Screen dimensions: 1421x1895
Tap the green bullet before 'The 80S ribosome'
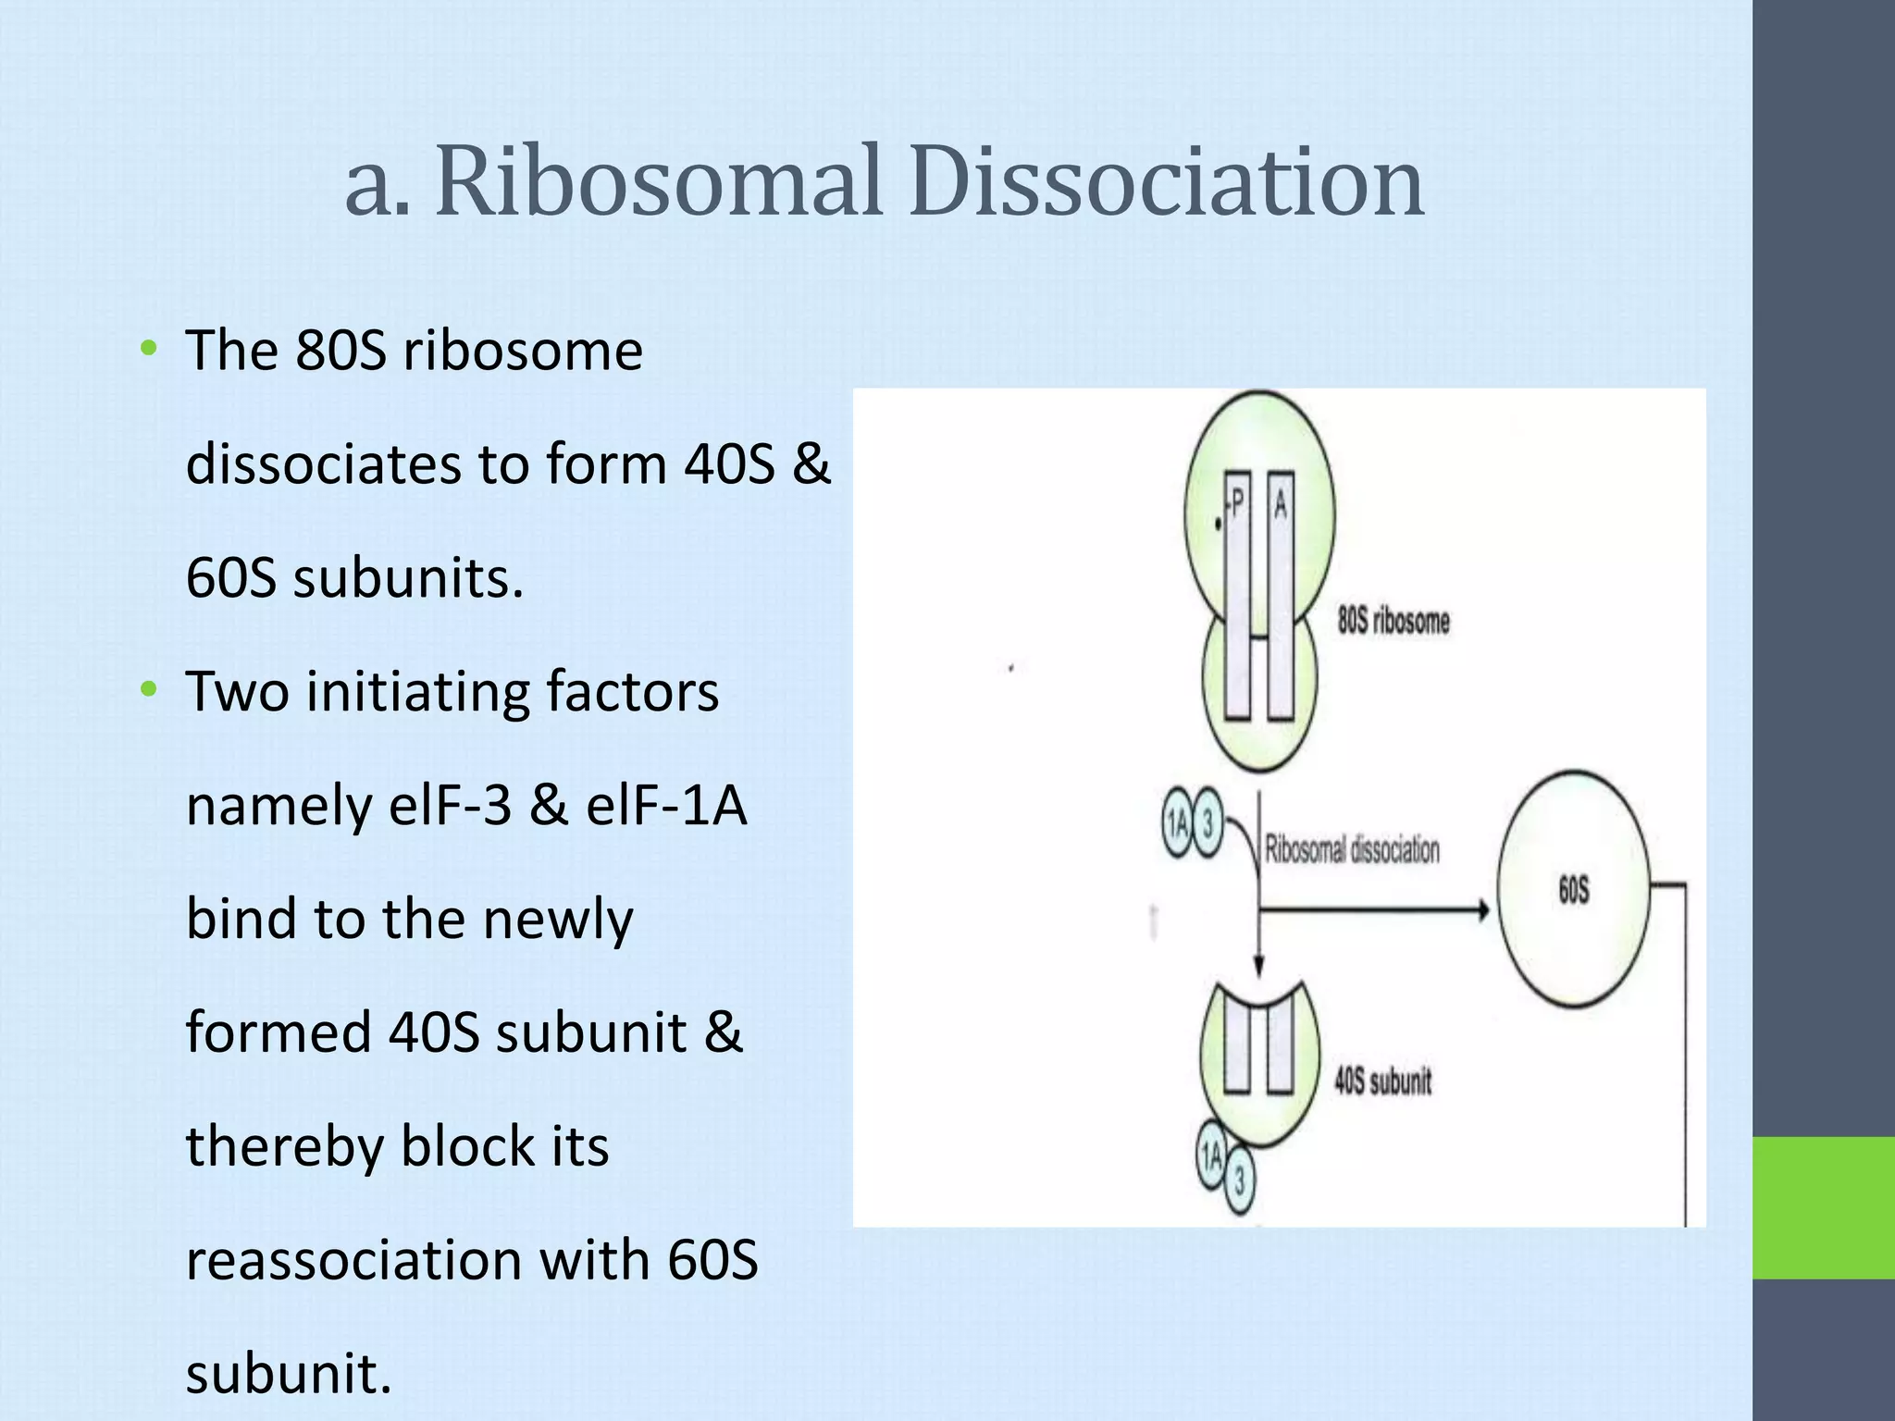pos(148,349)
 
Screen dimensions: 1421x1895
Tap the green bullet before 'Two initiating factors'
pos(148,689)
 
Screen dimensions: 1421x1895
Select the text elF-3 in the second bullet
pos(450,805)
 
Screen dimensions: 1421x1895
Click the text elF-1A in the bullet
pos(665,805)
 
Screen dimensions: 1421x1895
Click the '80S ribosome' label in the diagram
pos(1393,621)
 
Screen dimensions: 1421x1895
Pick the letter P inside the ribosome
pos(1238,505)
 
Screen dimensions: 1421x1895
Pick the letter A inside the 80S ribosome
pos(1281,505)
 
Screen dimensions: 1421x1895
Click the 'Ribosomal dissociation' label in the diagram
pos(1352,849)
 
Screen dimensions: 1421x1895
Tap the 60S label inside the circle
pos(1573,890)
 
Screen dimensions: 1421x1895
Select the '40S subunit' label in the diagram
pos(1382,1081)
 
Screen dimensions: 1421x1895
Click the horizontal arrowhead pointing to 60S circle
pos(1483,910)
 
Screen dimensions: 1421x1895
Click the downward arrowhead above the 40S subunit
pos(1258,966)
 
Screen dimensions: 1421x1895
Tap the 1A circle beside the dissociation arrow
pos(1178,822)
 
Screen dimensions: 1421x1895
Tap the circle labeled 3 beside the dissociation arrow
pos(1207,822)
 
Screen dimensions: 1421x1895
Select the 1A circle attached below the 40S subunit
pos(1211,1155)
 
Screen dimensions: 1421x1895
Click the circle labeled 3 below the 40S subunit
pos(1240,1181)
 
